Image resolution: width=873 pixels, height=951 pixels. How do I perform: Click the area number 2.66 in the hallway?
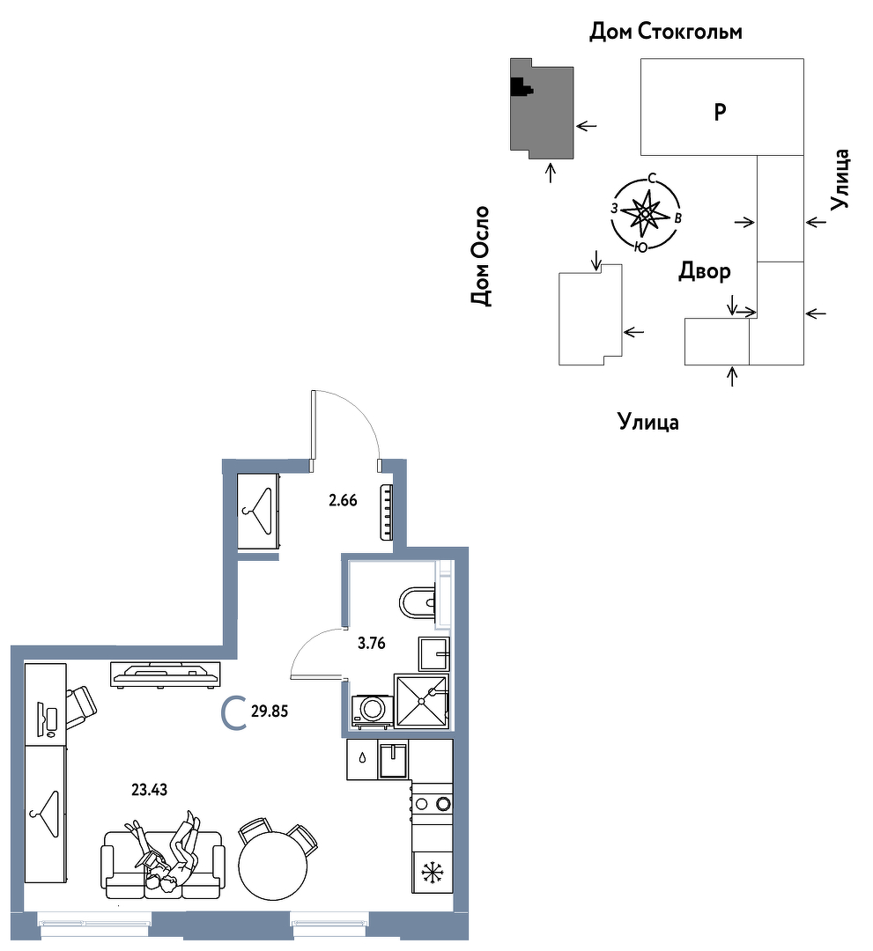pyautogui.click(x=343, y=500)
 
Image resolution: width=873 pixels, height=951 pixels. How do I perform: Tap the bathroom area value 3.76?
pyautogui.click(x=371, y=643)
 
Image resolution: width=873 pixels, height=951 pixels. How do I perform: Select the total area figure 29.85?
pyautogui.click(x=270, y=711)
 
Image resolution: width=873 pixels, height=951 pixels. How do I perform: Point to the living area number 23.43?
pyautogui.click(x=149, y=790)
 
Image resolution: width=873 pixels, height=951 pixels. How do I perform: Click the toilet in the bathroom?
pyautogui.click(x=418, y=601)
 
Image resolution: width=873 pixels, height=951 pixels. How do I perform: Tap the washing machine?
pyautogui.click(x=371, y=711)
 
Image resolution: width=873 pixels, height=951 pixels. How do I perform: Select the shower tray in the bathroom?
pyautogui.click(x=422, y=701)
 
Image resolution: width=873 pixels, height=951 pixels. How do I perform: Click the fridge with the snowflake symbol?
pyautogui.click(x=433, y=872)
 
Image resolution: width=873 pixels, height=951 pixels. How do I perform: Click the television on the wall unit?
pyautogui.click(x=165, y=675)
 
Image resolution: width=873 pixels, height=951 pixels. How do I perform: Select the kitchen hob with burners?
pyautogui.click(x=433, y=803)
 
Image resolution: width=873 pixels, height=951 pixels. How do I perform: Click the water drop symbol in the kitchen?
pyautogui.click(x=363, y=757)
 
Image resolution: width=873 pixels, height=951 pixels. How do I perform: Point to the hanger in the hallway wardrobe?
pyautogui.click(x=259, y=511)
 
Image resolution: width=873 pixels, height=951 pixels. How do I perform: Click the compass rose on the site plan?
pyautogui.click(x=646, y=213)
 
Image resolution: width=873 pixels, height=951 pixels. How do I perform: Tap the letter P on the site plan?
pyautogui.click(x=720, y=112)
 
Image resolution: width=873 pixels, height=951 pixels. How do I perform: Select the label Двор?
pyautogui.click(x=705, y=270)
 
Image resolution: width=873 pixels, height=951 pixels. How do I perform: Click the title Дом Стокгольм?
pyautogui.click(x=665, y=31)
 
